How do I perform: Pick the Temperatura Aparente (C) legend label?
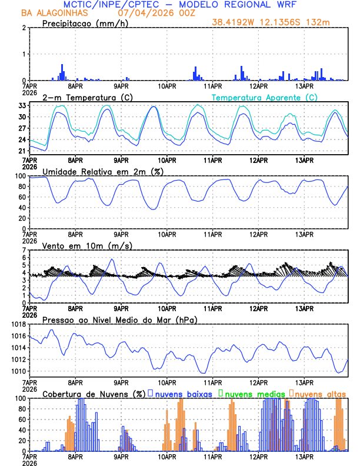[265, 97]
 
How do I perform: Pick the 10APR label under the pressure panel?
[167, 381]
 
